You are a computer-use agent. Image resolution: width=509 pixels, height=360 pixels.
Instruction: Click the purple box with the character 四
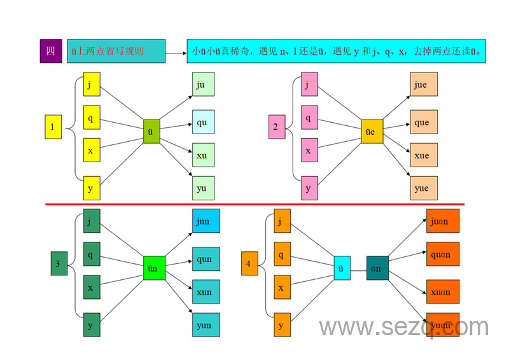[51, 51]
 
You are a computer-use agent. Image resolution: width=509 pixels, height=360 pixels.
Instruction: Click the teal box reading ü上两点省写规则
[116, 51]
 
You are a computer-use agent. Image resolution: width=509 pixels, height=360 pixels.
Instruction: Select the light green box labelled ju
[204, 84]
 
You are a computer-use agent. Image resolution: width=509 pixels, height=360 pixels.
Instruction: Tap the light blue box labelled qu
[204, 121]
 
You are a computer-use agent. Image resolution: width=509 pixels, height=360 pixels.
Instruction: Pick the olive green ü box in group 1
[151, 131]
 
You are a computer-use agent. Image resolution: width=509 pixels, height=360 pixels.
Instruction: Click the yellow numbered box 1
[53, 127]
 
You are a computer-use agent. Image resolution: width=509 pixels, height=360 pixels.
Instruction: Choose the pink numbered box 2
[276, 127]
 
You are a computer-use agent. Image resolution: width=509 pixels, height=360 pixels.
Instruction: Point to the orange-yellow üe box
[372, 131]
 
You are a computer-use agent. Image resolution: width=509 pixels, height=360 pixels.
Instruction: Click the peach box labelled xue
[423, 155]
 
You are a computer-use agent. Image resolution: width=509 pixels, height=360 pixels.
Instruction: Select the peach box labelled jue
[423, 85]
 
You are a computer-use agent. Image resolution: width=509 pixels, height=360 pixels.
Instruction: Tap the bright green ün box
[154, 268]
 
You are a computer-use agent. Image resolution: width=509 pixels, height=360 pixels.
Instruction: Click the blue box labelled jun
[206, 221]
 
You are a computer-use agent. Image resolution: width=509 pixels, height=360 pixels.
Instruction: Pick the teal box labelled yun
[206, 325]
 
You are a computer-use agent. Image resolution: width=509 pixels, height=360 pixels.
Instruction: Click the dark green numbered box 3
[59, 263]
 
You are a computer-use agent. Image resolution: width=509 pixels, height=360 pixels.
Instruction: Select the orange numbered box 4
[249, 263]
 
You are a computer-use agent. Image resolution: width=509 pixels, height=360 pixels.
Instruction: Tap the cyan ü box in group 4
[342, 268]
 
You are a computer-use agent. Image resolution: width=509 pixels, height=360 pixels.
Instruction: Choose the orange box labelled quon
[442, 254]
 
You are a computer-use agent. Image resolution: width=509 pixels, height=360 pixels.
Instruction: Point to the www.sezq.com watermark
[403, 328]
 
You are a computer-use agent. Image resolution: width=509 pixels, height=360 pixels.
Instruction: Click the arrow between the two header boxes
[176, 52]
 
